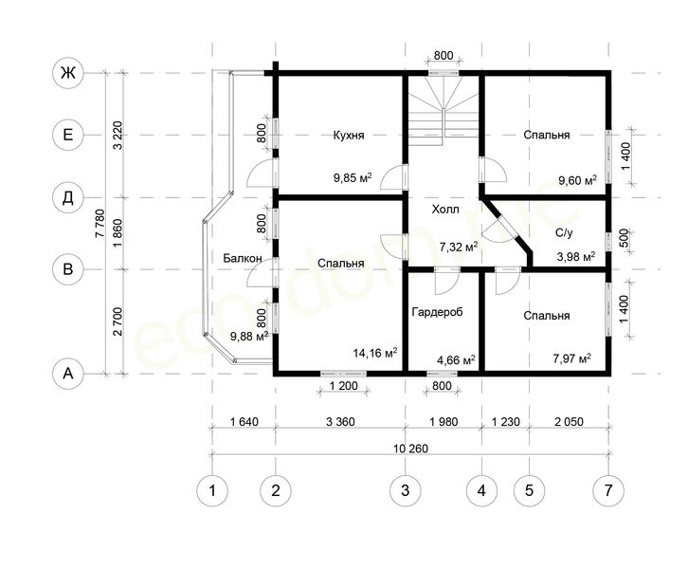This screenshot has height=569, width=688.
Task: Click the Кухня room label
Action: pos(349,136)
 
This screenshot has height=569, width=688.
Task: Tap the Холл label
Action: pos(445,210)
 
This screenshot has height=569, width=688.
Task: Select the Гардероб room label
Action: pos(438,312)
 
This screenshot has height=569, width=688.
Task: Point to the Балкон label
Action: pos(243,258)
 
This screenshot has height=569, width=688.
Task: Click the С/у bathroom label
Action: pos(564,232)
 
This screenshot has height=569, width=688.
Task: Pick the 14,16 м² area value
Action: pos(375,353)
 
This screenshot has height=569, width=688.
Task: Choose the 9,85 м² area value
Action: pos(353,178)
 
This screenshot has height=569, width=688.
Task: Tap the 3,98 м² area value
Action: pos(576,257)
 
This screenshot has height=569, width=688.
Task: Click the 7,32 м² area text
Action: pos(459,247)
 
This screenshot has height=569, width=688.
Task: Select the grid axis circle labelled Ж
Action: pos(68,73)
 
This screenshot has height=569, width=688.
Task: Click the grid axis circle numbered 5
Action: pos(529,490)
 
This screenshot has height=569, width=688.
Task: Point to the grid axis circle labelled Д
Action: pos(68,198)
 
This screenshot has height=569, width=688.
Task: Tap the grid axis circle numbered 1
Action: pos(212,490)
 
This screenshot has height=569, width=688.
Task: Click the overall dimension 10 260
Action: pos(410,449)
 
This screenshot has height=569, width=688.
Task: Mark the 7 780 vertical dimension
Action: pos(100,224)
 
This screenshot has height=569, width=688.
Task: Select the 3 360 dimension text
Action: pos(340,422)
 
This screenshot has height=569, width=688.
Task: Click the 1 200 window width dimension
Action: pos(343,386)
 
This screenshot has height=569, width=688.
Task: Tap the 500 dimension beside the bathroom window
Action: pos(625,239)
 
